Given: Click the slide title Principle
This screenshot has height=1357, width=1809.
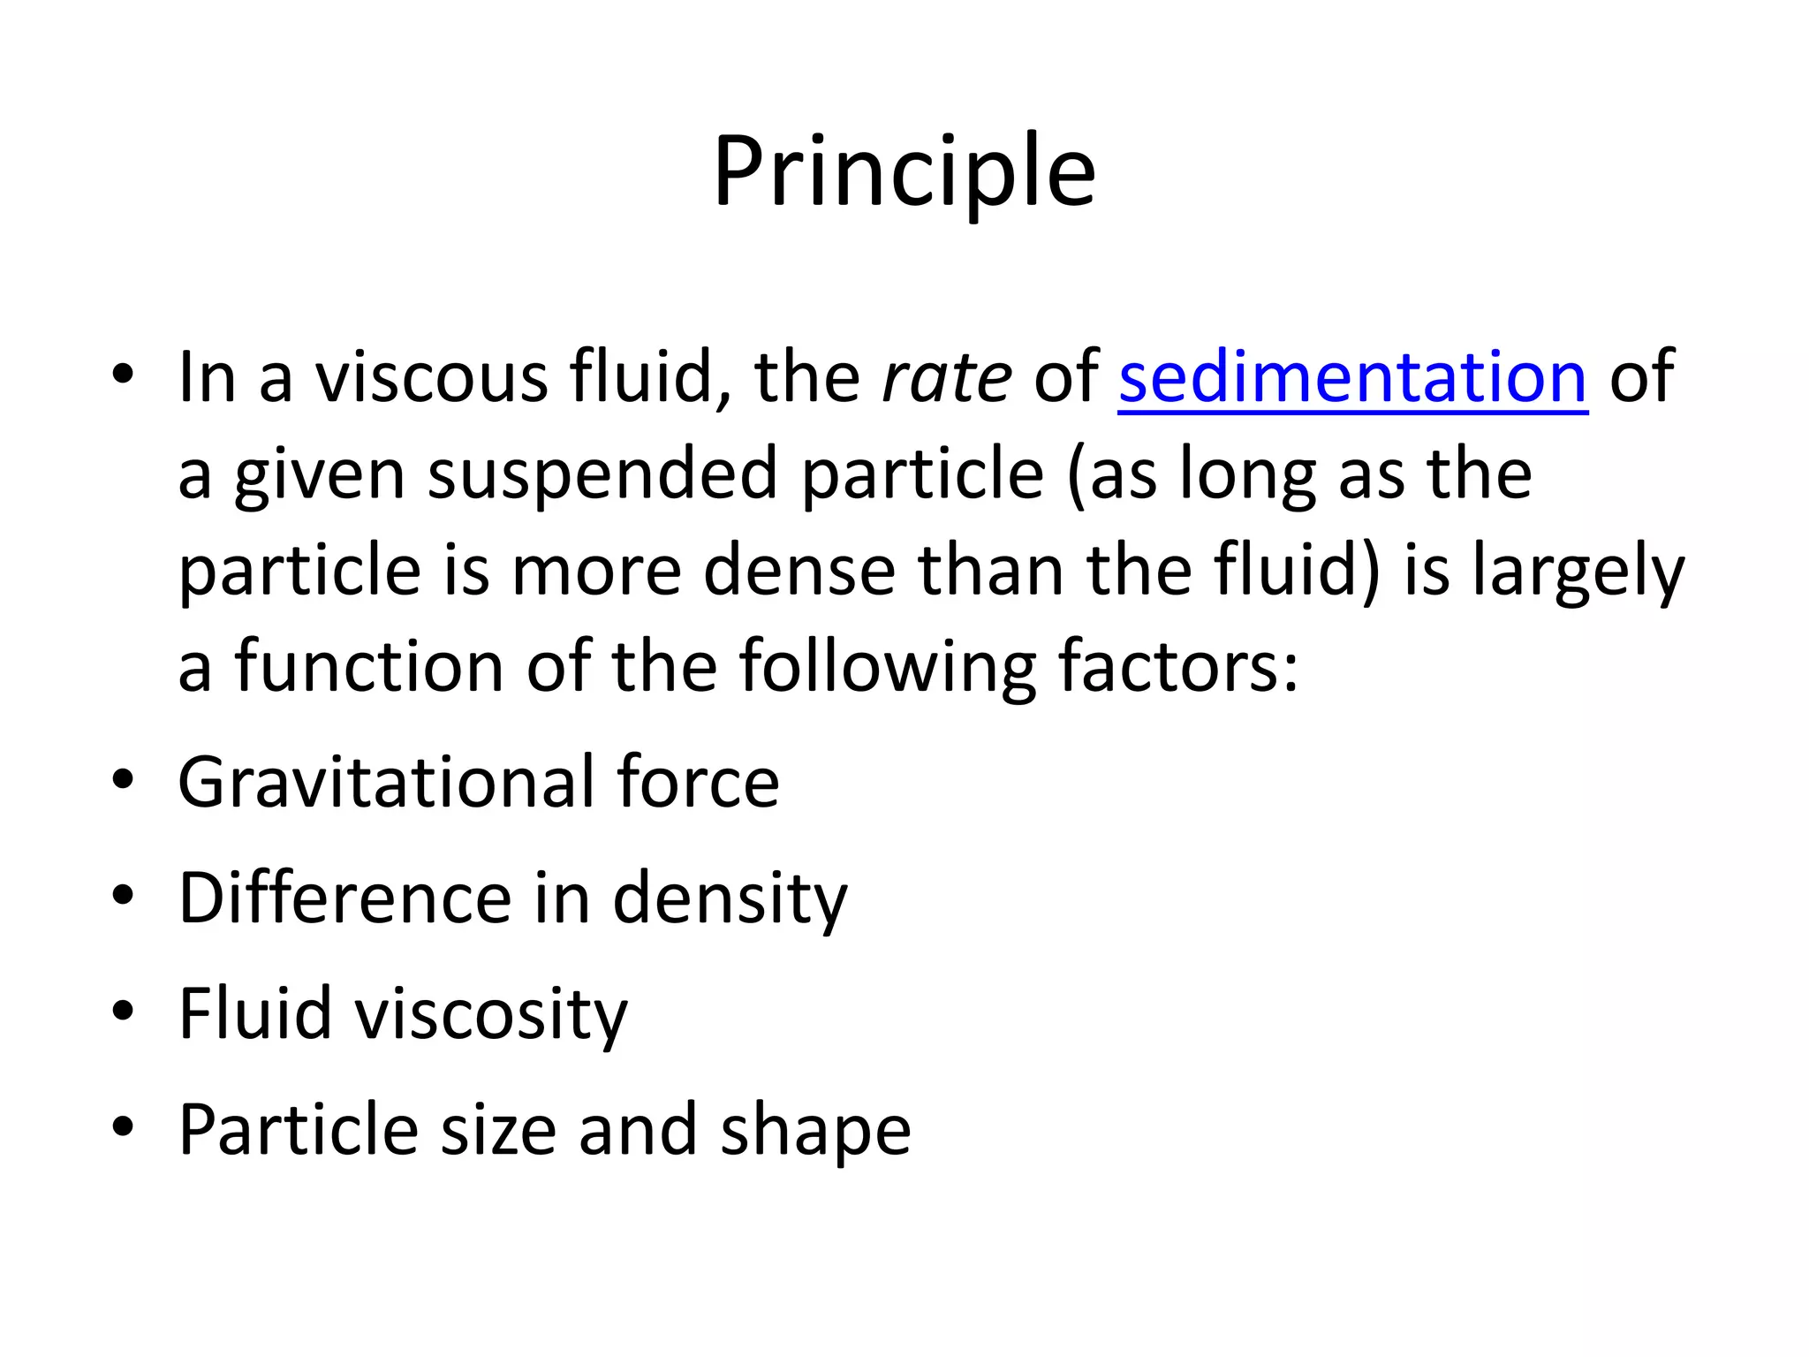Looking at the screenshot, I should [x=904, y=172].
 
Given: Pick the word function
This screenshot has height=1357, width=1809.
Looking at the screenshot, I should [x=368, y=665].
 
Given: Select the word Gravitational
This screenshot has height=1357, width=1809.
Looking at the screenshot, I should [x=385, y=782].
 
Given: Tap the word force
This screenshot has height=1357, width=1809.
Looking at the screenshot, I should [x=698, y=782].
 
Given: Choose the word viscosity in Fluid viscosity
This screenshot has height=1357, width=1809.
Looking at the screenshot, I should [x=490, y=1014].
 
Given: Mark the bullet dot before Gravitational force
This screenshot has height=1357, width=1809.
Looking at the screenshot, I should [x=123, y=779].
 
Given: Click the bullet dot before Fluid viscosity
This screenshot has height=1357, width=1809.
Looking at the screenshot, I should [x=123, y=1010].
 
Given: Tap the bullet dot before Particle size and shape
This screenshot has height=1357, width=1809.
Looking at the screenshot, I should [x=123, y=1126].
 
